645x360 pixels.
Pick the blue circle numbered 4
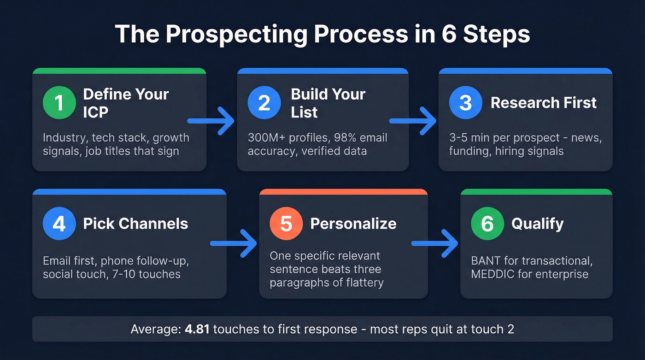tap(59, 224)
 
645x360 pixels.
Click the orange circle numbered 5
tap(286, 224)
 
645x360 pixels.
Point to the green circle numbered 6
tap(487, 224)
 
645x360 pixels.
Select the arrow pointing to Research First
tap(413, 121)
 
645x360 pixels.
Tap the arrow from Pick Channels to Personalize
tap(234, 243)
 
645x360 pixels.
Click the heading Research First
tap(544, 103)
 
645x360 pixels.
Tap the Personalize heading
tap(353, 224)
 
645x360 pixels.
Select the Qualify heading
tap(537, 224)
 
